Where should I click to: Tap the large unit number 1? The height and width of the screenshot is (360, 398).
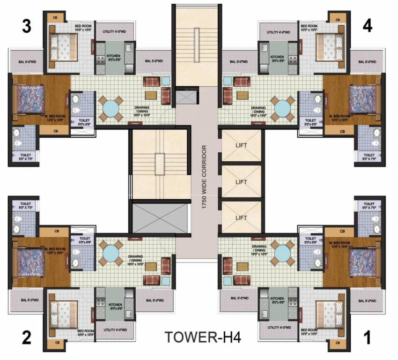[367, 337]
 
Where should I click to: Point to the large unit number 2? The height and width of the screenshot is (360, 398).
[27, 337]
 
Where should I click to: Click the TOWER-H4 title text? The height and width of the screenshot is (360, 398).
[202, 337]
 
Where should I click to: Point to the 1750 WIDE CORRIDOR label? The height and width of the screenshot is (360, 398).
[205, 180]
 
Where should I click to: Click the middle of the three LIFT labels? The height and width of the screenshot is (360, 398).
[241, 181]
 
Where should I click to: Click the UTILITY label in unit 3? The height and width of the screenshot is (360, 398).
[116, 32]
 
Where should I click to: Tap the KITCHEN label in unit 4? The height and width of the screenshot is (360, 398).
[277, 58]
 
